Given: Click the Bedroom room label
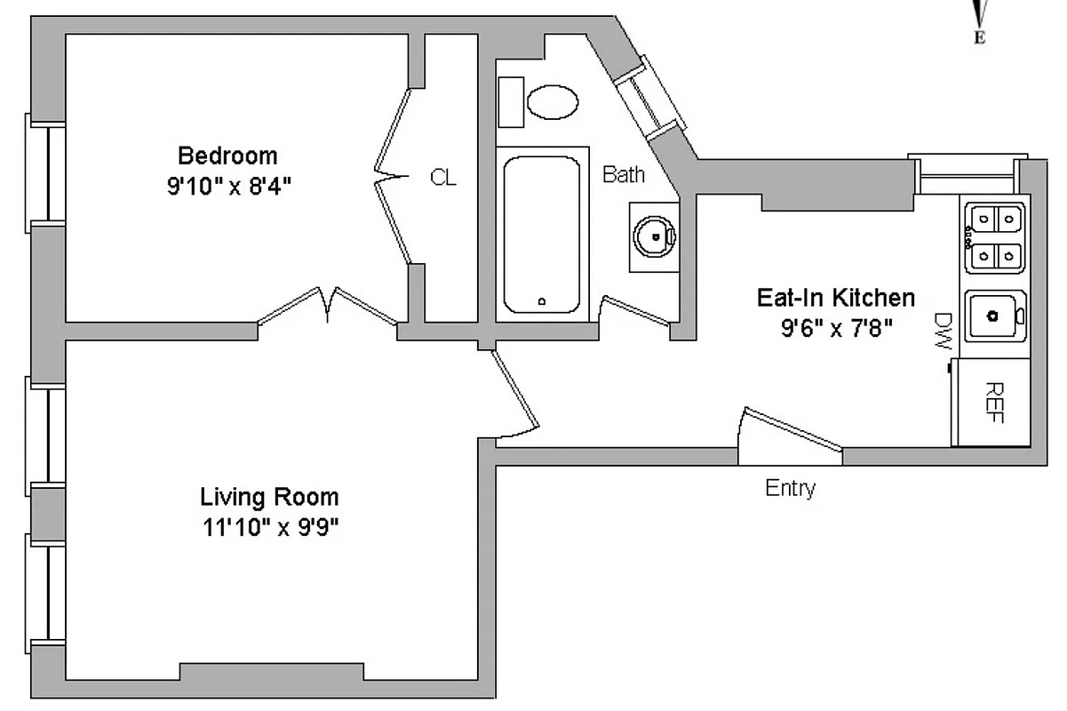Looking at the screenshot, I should pyautogui.click(x=227, y=156).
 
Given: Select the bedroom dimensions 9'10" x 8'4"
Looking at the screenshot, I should pyautogui.click(x=229, y=188).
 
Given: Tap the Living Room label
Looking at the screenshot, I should pyautogui.click(x=269, y=496).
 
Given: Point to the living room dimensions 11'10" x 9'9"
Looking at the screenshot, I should pyautogui.click(x=271, y=528).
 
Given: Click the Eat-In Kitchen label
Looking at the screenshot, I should pyautogui.click(x=835, y=297).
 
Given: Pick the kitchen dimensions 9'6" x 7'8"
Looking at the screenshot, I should pyautogui.click(x=836, y=329).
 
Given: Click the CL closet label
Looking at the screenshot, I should pyautogui.click(x=443, y=178).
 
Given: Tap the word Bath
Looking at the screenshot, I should pyautogui.click(x=624, y=174).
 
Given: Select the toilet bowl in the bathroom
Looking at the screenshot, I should pyautogui.click(x=553, y=102).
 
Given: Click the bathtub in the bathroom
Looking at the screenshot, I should pyautogui.click(x=541, y=234).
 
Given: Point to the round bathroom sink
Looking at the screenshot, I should pyautogui.click(x=655, y=236).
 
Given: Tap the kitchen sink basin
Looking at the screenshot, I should pyautogui.click(x=995, y=315).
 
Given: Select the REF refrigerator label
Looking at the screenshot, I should pyautogui.click(x=995, y=403).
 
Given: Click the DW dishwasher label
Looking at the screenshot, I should pyautogui.click(x=944, y=332).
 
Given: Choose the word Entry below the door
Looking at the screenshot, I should pyautogui.click(x=790, y=489).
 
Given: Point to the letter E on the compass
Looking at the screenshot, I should pyautogui.click(x=980, y=37).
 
